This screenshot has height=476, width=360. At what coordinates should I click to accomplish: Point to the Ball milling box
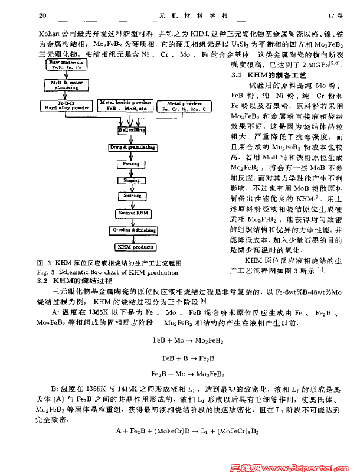tap(132, 128)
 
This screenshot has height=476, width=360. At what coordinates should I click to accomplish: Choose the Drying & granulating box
tap(132, 146)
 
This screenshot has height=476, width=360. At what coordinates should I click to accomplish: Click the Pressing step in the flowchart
tap(132, 164)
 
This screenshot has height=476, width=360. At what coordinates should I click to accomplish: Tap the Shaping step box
tap(132, 180)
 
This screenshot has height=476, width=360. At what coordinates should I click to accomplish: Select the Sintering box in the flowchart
tap(132, 195)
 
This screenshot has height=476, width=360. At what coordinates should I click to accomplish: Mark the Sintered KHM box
tap(132, 213)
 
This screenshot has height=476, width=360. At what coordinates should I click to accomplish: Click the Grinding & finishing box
tap(132, 229)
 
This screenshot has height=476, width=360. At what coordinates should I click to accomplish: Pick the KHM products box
tap(132, 247)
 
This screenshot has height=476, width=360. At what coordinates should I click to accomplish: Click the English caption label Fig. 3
tap(46, 272)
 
